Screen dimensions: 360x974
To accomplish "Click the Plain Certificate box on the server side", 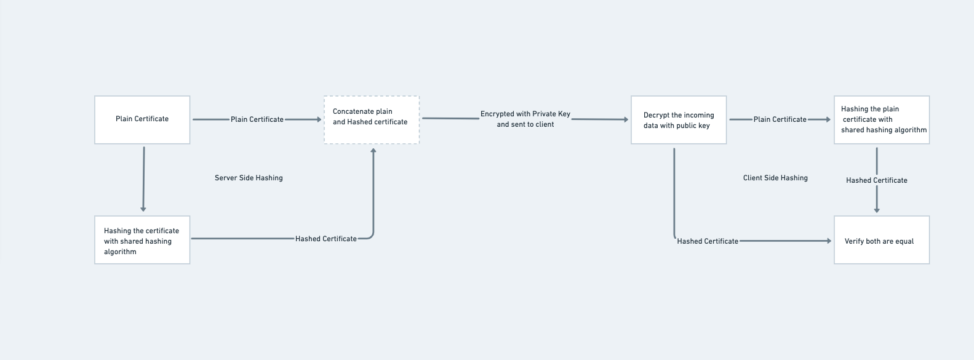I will [142, 119].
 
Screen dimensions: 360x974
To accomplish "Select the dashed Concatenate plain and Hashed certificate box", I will [372, 119].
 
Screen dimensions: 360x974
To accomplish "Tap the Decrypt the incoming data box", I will [679, 120].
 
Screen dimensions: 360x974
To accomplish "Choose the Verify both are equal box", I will [881, 240].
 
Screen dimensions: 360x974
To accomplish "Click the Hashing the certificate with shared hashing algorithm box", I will [142, 240].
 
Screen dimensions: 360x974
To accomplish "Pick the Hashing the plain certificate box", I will [881, 119].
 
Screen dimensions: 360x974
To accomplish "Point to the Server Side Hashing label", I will [249, 178].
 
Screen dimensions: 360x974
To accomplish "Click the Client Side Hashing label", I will [775, 178].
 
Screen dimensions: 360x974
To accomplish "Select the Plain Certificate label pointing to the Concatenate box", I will [257, 119].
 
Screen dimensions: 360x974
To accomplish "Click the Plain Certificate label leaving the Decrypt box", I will [780, 119].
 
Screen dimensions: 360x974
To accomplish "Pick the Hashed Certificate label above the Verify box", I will [876, 180].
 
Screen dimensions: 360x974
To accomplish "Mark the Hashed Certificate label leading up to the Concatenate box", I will [325, 239].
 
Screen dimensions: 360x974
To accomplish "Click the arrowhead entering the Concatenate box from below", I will [373, 150].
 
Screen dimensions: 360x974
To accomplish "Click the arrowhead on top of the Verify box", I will [877, 210].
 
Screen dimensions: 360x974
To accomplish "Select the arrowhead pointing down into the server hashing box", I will [143, 209].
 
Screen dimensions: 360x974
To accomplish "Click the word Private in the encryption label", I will [544, 114].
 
